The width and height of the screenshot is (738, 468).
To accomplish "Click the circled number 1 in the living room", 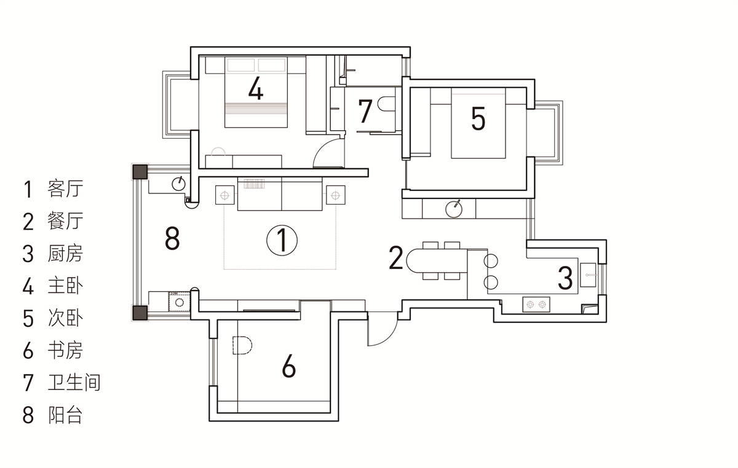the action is click(282, 240).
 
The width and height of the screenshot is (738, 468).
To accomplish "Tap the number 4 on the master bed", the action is click(256, 88).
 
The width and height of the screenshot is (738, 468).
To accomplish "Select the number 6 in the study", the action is click(288, 365).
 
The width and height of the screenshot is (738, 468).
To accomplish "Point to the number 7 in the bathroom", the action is click(365, 111).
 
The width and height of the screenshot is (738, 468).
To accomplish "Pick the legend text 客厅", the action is click(65, 189).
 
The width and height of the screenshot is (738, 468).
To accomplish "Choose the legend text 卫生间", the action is click(74, 383).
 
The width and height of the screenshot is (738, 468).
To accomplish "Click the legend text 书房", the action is click(65, 350).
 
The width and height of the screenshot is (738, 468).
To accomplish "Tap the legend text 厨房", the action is click(65, 253).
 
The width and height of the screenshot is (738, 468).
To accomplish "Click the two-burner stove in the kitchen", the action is click(536, 305).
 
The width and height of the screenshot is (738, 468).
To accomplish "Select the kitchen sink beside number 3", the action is click(588, 275).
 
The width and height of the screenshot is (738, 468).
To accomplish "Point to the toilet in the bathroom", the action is click(387, 103).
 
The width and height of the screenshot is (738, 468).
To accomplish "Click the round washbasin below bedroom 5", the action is click(454, 209).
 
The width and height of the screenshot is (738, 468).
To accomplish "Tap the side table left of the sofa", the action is click(224, 195).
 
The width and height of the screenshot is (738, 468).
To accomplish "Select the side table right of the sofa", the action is click(335, 195).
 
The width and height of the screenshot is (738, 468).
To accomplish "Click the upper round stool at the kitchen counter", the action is click(491, 260).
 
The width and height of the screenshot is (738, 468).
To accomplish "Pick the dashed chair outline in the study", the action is click(242, 345).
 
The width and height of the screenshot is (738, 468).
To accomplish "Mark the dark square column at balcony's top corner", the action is click(140, 172).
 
